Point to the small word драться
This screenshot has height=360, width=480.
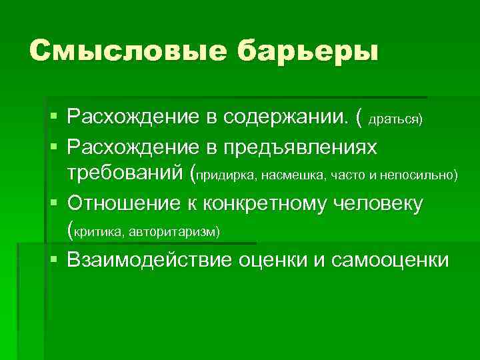(x=395, y=119)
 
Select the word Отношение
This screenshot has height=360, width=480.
(x=125, y=203)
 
